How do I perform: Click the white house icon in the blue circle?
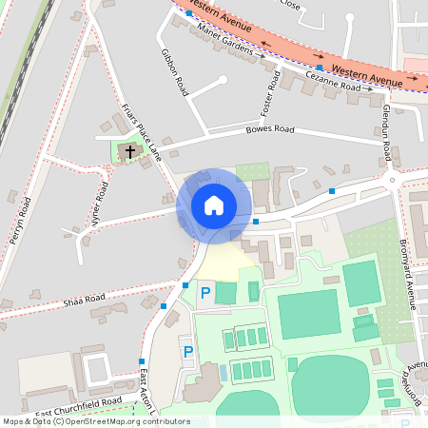[x=214, y=204]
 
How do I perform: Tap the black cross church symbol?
[x=130, y=150]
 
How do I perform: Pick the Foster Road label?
[x=266, y=90]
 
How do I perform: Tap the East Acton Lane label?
[x=145, y=390]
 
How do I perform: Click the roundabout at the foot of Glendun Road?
[x=391, y=178]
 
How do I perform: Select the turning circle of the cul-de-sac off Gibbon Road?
[x=223, y=81]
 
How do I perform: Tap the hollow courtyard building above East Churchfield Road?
[x=98, y=370]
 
